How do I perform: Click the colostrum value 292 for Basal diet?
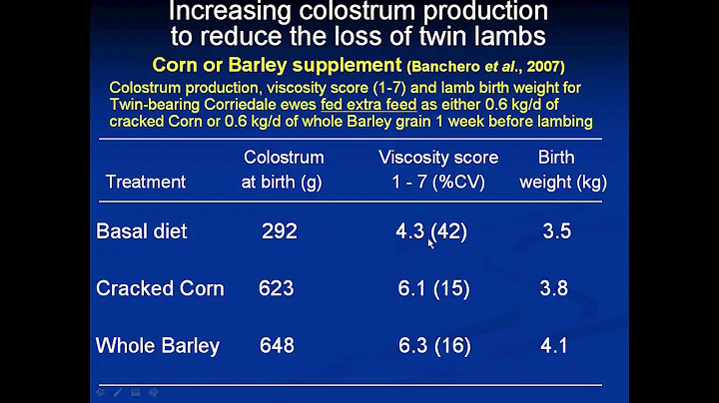click(x=279, y=231)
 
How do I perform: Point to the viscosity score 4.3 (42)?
click(x=431, y=231)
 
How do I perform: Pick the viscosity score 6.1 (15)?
click(x=431, y=289)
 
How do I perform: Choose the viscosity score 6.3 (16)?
click(x=431, y=346)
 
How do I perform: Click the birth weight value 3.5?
click(x=556, y=231)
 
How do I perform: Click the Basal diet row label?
click(x=141, y=231)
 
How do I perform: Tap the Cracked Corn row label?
click(x=160, y=289)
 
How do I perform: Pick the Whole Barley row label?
click(x=157, y=346)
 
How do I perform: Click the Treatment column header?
click(x=146, y=183)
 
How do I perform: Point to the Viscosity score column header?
click(x=438, y=158)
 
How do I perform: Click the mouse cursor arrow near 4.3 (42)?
click(x=431, y=241)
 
